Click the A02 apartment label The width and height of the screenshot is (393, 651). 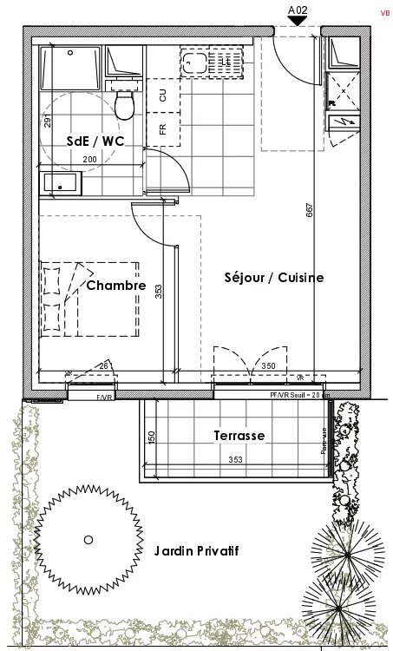[298, 10]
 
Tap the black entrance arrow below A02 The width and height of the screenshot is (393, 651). [298, 23]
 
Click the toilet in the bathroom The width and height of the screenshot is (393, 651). [125, 103]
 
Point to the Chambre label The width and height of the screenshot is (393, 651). [115, 285]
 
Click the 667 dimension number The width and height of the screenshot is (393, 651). [310, 214]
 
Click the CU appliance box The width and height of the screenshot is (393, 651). [162, 95]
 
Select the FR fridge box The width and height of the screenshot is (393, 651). [162, 130]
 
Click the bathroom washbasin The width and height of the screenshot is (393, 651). [60, 183]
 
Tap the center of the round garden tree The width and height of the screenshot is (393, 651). [88, 540]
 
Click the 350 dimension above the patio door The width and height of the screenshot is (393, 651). [269, 367]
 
